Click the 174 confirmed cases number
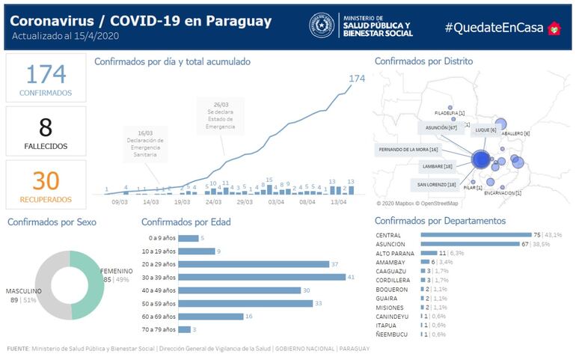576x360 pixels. (46, 74)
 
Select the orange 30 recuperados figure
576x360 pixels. (46, 180)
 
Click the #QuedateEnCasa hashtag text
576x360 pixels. (494, 27)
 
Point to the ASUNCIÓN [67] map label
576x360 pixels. (441, 128)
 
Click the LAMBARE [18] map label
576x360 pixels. (438, 166)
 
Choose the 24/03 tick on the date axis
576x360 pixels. (212, 201)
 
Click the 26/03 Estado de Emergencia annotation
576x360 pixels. (221, 116)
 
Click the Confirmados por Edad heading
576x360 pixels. (186, 222)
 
